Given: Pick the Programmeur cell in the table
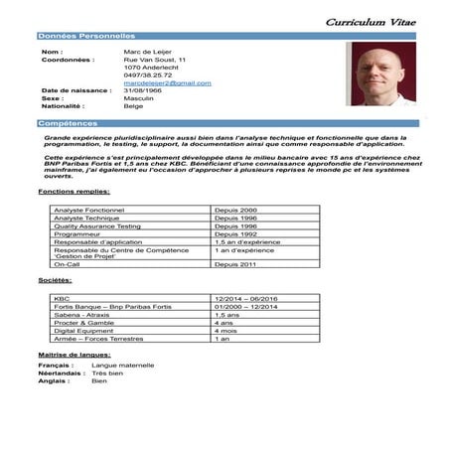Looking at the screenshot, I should point(78,233).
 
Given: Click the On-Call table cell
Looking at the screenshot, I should point(67,265).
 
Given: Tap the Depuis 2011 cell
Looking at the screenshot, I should point(236,265).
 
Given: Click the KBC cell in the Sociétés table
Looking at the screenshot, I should point(61,297).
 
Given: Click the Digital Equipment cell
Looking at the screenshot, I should point(83,330).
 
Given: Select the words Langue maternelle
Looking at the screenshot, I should point(122,365).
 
